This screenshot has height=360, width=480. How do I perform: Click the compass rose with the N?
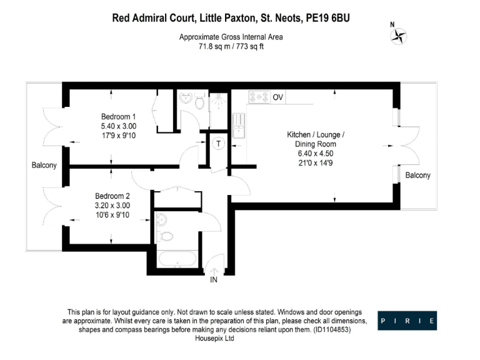[397, 36]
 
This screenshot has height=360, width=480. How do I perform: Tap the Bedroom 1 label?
[119, 117]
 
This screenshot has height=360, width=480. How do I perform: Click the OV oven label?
[278, 97]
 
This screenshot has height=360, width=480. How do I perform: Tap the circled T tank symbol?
[218, 143]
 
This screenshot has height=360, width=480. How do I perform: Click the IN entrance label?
[213, 280]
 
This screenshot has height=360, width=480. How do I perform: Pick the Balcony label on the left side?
[44, 166]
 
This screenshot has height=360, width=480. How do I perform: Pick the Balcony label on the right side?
[417, 176]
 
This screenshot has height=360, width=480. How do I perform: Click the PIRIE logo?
[407, 321]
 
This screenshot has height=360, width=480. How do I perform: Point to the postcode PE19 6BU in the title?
[327, 18]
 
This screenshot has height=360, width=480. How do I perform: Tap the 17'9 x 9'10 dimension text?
[119, 135]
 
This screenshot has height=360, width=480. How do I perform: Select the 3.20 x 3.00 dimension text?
[113, 205]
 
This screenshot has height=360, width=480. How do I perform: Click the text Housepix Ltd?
[213, 338]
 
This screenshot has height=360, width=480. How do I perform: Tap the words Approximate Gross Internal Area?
[231, 37]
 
